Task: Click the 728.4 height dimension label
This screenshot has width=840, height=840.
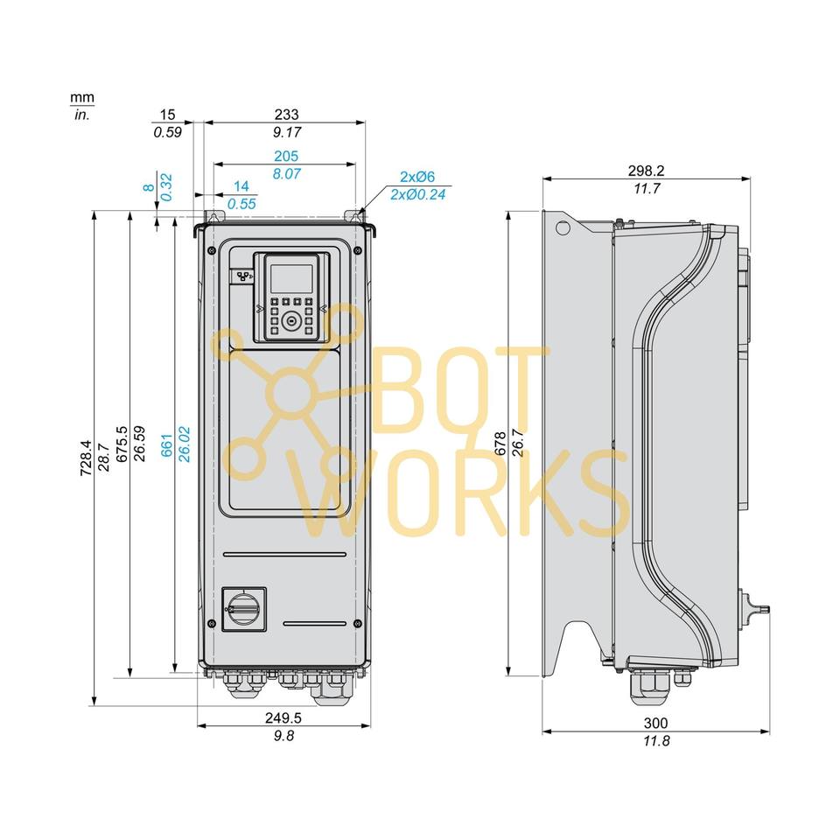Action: (x=86, y=458)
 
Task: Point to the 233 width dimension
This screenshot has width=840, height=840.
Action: (x=286, y=115)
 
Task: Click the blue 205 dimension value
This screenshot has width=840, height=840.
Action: (x=286, y=156)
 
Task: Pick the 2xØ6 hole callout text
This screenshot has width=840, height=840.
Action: (x=417, y=176)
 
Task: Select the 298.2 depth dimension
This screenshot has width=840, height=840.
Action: (x=646, y=171)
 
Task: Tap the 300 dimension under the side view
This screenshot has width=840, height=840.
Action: (x=655, y=723)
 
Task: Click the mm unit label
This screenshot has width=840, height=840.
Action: (x=83, y=98)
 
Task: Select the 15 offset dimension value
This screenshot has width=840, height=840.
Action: (x=168, y=115)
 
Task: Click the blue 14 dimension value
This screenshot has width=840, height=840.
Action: (x=241, y=186)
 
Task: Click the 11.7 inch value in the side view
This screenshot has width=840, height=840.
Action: (x=646, y=189)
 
